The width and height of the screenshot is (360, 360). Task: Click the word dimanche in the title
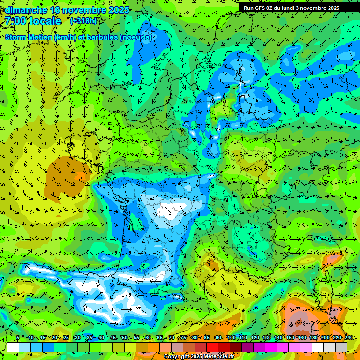coord(25,10)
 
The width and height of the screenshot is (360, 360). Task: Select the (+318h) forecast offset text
coord(84,21)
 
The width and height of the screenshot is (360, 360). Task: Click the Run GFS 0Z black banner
coord(295,7)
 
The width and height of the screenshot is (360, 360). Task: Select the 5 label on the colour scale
coord(18,337)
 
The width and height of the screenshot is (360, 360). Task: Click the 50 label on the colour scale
coord(124,337)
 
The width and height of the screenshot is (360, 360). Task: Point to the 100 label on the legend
coord(232,337)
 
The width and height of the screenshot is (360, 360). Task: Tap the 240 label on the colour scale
coord(348,337)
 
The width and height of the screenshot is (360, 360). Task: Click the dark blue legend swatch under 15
coord(48,347)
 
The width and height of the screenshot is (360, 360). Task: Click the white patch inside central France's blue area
coord(169,210)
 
